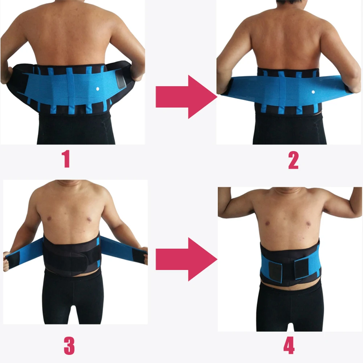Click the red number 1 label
pyautogui.click(x=66, y=159)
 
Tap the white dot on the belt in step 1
pyautogui.click(x=97, y=89)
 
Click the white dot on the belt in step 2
pyautogui.click(x=313, y=92)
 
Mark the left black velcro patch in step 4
pyautogui.click(x=277, y=268)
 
